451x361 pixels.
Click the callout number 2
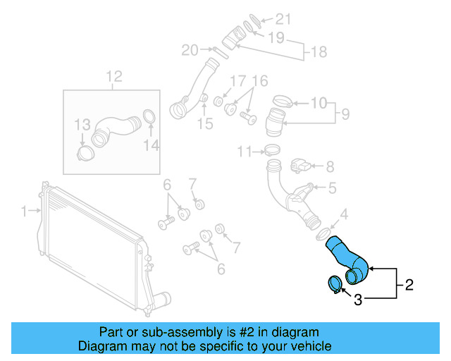click(409, 286)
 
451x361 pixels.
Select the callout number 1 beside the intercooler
click(24, 210)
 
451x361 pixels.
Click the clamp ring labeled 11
click(271, 150)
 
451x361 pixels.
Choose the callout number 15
click(204, 125)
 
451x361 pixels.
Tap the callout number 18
click(319, 51)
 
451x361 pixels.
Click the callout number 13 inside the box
click(83, 126)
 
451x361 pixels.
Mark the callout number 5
click(331, 188)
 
